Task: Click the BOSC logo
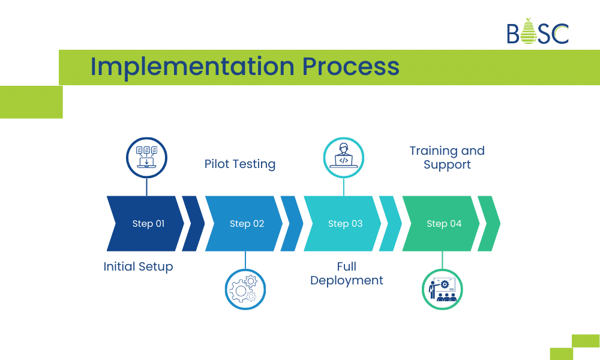537,32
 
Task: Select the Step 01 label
148,224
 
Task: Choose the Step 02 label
247,224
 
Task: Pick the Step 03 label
345,224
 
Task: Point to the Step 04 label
444,224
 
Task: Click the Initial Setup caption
138,267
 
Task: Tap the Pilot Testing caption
240,164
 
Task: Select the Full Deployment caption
347,274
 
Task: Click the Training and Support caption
447,158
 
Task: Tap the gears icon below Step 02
245,289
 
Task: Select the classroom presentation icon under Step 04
443,289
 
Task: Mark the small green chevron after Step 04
489,224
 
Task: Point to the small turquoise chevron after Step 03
391,224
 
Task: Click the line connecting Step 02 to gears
245,260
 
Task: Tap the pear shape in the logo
528,32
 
